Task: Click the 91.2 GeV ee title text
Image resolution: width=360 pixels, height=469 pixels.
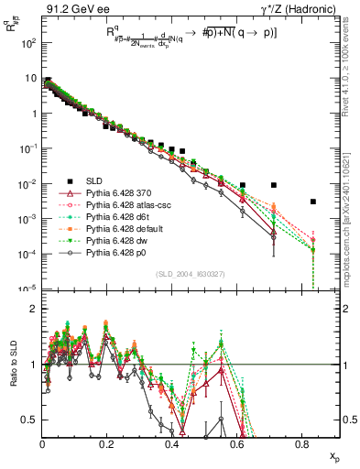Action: (72, 8)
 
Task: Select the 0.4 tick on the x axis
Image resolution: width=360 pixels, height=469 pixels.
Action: (172, 444)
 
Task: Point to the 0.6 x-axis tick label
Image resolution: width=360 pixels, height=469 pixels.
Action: (237, 444)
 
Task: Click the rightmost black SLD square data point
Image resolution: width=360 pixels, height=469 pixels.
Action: (312, 202)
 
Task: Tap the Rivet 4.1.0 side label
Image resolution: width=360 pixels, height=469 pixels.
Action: (352, 73)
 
